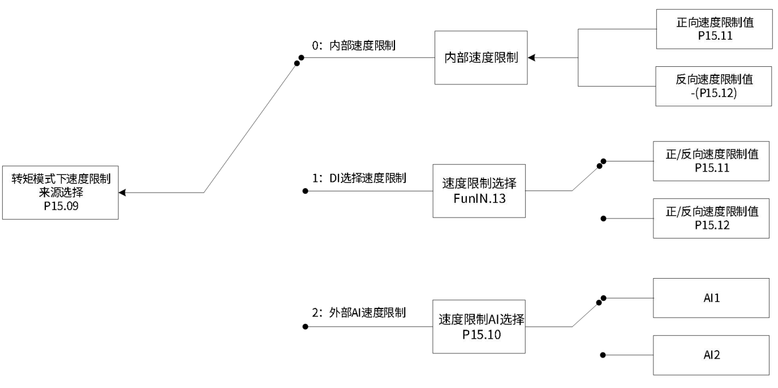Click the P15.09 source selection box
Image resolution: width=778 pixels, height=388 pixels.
click(x=61, y=192)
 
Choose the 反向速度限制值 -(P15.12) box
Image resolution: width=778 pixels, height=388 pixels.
click(x=715, y=86)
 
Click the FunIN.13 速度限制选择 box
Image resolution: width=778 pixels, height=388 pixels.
click(x=480, y=191)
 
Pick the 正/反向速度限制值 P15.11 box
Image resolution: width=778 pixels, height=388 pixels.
click(x=712, y=160)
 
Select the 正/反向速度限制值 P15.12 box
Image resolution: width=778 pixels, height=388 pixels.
click(x=712, y=218)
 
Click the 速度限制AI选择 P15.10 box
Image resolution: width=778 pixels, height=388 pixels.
click(x=480, y=327)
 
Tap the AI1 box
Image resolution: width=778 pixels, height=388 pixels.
click(x=712, y=297)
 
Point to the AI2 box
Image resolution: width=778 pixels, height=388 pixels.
click(x=712, y=355)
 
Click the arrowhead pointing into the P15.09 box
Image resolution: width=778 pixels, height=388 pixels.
click(x=122, y=193)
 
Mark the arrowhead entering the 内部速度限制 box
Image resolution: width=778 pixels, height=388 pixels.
click(x=532, y=58)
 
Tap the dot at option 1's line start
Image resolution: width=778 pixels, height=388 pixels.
click(x=306, y=191)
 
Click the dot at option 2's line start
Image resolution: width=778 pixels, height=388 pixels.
click(x=306, y=327)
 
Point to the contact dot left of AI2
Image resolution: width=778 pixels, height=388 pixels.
click(x=603, y=355)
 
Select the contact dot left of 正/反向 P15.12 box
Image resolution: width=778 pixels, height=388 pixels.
click(x=603, y=218)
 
